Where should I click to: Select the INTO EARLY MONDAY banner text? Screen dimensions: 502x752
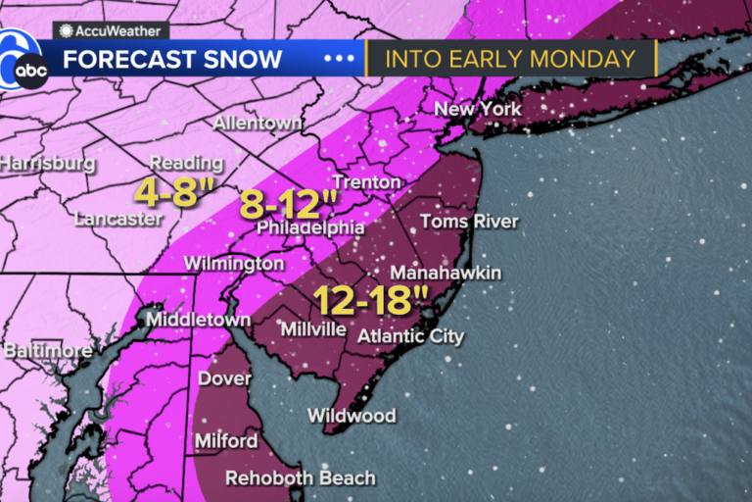[509, 58]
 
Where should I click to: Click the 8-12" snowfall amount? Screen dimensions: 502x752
[290, 207]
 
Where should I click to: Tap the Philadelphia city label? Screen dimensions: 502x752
[310, 227]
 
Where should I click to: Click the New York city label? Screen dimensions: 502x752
[478, 109]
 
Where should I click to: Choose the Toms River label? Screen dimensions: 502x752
[469, 221]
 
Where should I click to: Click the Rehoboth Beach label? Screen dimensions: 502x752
[301, 478]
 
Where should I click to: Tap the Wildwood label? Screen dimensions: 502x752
[352, 416]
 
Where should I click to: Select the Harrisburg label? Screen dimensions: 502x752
[47, 163]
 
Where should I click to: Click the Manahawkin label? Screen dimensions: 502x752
[446, 272]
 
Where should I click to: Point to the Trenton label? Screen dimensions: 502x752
[366, 182]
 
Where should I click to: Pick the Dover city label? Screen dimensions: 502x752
[224, 378]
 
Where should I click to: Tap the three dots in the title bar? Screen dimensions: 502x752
[340, 58]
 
